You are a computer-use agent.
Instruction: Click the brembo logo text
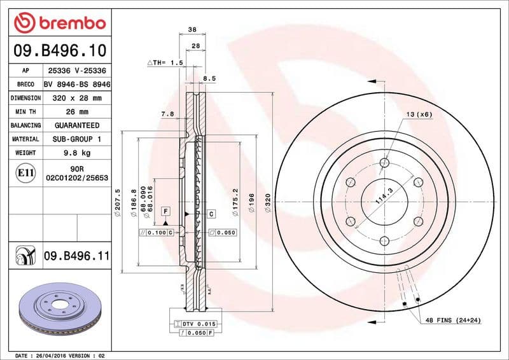tap(69, 24)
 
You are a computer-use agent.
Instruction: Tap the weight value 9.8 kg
tap(76, 153)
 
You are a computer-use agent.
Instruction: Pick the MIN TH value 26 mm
tap(76, 112)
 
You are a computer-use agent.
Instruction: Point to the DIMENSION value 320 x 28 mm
tap(76, 99)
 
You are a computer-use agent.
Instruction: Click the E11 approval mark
tap(26, 172)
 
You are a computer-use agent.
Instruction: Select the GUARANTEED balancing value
tap(76, 125)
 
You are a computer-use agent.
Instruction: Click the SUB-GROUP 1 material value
tap(76, 139)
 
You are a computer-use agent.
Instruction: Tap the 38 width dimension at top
tap(192, 29)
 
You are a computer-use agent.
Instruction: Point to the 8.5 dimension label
tap(209, 78)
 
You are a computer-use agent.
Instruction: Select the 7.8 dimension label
tap(167, 114)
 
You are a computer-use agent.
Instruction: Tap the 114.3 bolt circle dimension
tap(384, 191)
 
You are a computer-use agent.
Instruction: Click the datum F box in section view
tap(165, 211)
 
